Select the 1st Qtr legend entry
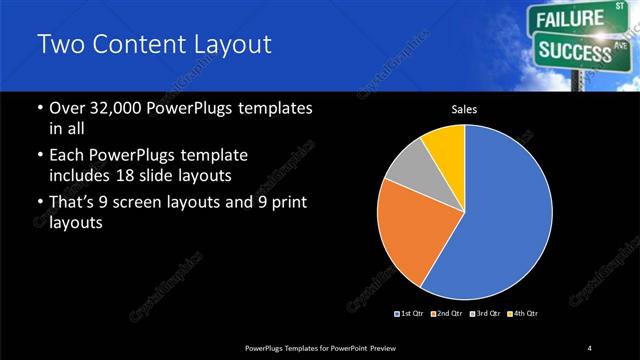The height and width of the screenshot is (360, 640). click(412, 313)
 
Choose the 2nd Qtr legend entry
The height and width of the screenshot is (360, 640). click(448, 313)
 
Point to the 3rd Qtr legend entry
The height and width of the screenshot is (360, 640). click(486, 313)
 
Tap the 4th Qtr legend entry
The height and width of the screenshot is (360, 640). click(524, 313)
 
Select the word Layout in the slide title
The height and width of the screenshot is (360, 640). click(231, 45)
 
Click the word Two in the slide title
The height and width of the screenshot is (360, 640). click(57, 45)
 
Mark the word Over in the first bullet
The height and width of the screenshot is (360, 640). click(65, 108)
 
